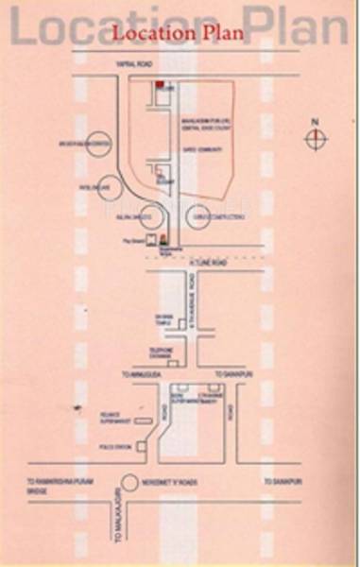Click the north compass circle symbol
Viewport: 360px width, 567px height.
pos(317,139)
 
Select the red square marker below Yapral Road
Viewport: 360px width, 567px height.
pos(161,86)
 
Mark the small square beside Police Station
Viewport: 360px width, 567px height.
pos(144,443)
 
